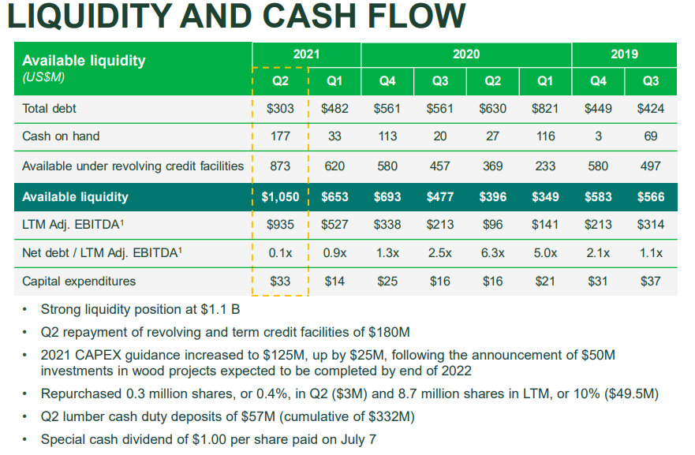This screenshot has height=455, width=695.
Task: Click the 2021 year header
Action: coord(306,54)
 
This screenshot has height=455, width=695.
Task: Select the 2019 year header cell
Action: coord(624,54)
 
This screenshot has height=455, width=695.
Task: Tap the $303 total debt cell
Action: coord(280,109)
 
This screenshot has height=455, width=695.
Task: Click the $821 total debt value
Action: coord(545,109)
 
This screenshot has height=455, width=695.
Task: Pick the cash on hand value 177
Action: coord(280,136)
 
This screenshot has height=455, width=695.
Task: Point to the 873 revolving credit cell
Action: coord(280,166)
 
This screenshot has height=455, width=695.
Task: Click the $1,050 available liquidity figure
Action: coord(280,197)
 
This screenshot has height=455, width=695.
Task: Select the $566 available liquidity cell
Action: coord(650,197)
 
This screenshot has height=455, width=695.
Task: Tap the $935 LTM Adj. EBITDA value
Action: coord(280,225)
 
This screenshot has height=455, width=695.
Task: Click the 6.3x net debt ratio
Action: coord(492,253)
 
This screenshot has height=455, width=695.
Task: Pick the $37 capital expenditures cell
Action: coord(650,281)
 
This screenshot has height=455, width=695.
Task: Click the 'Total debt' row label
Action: coord(49,109)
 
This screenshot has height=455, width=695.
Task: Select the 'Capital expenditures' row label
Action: coord(79,281)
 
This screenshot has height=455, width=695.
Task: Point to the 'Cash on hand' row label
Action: coord(61,136)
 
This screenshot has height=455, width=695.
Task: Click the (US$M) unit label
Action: coord(43,77)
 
